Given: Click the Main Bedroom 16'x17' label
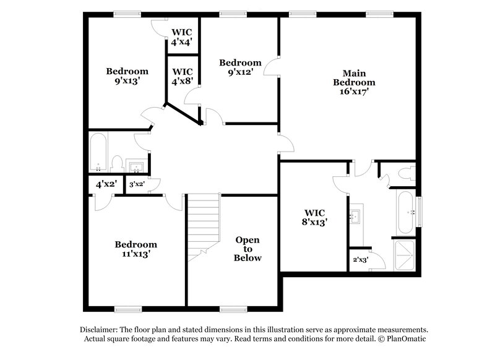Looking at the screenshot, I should pos(354,82).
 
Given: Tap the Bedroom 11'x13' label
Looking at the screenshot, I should pos(136,249).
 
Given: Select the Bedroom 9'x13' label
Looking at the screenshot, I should pos(127,75).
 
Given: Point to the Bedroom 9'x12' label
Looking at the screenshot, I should pos(240,67).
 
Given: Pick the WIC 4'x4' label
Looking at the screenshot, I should pos(182,36).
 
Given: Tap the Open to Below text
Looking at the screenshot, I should pos(247,249).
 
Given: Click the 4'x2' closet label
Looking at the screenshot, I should pos(106,184).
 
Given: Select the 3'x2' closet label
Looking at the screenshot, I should pos(137,184).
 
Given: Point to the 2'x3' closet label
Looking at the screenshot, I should pos(359,260).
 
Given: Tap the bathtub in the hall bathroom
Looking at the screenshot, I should pos(98,153).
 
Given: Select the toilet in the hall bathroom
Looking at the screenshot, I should pos(117,163).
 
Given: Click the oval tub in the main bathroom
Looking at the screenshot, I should pos(405,212).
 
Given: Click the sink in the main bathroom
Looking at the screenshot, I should pos(356,216).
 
